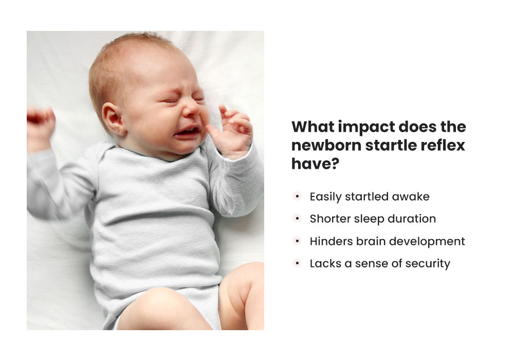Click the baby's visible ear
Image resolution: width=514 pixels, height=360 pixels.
[114, 119]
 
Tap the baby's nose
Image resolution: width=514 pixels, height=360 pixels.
[191, 109]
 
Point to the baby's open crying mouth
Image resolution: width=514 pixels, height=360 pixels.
[187, 132]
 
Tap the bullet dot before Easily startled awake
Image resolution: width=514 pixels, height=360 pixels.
[297, 196]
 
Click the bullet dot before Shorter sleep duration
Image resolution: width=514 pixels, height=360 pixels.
[297, 219]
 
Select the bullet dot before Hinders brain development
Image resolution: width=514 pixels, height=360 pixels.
[297, 241]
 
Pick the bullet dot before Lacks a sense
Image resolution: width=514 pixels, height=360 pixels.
[297, 263]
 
